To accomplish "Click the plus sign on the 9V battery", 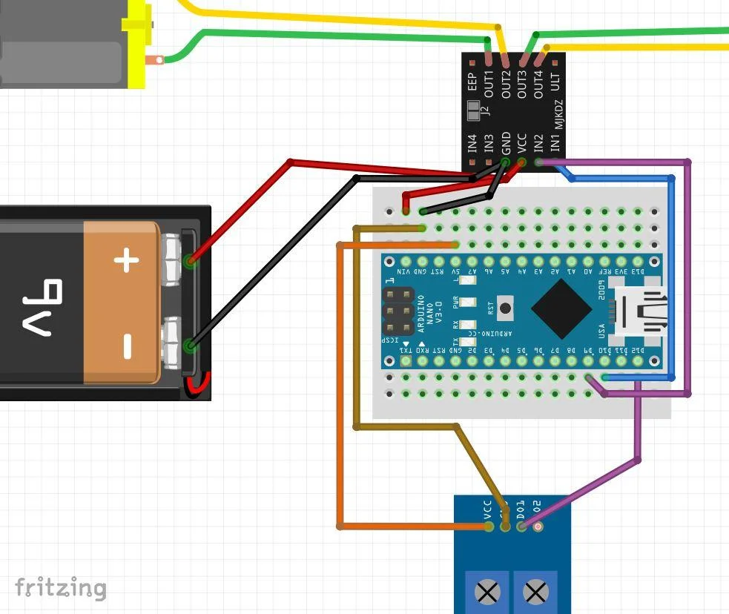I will [x=126, y=260].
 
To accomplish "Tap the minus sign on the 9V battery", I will [x=126, y=346].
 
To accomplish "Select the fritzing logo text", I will [x=61, y=587].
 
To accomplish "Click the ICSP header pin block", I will [x=398, y=311].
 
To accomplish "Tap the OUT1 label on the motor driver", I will [x=489, y=84].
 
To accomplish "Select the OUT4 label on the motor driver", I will [x=539, y=84].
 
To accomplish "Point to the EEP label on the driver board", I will [x=472, y=82].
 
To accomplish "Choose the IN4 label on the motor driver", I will [x=472, y=142].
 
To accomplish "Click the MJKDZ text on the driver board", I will [x=558, y=115].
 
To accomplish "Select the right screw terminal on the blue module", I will [x=535, y=592].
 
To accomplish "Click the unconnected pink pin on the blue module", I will [x=538, y=526].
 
